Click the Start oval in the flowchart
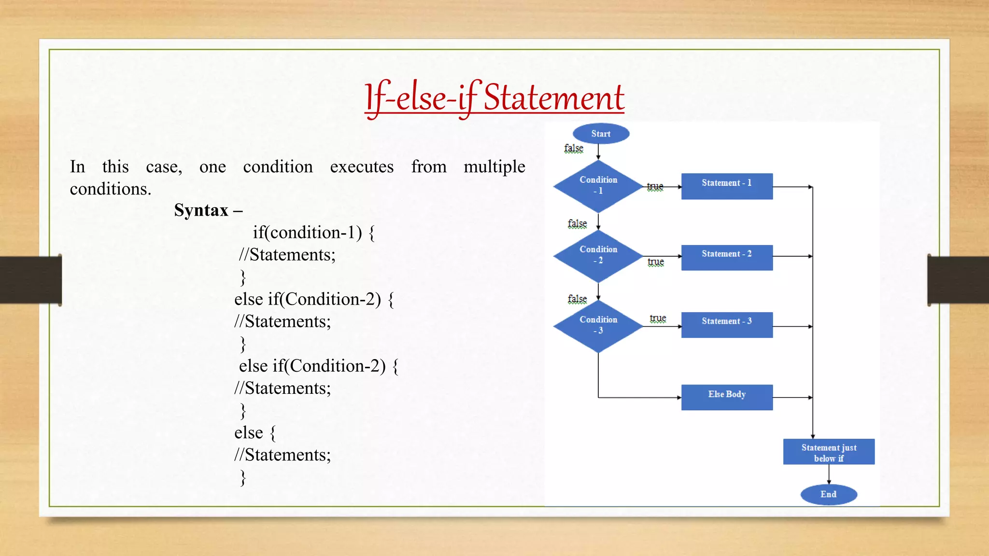tap(601, 134)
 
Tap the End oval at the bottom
tap(829, 494)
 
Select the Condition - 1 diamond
tap(598, 186)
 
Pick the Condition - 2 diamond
tap(598, 256)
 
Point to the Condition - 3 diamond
tap(598, 326)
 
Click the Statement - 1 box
tap(727, 186)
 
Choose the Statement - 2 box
tap(727, 257)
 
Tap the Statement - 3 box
tap(727, 324)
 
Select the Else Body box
tap(727, 397)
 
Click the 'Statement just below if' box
tap(829, 452)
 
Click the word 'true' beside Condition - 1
tap(655, 186)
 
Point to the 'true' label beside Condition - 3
tap(658, 318)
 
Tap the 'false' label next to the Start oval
tap(574, 148)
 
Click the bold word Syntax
tap(201, 210)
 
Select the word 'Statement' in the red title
tap(553, 98)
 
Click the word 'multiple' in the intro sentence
tap(494, 167)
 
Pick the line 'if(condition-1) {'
tap(313, 233)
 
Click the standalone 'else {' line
tap(254, 432)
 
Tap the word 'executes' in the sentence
tap(362, 167)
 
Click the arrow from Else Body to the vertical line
tap(792, 397)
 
